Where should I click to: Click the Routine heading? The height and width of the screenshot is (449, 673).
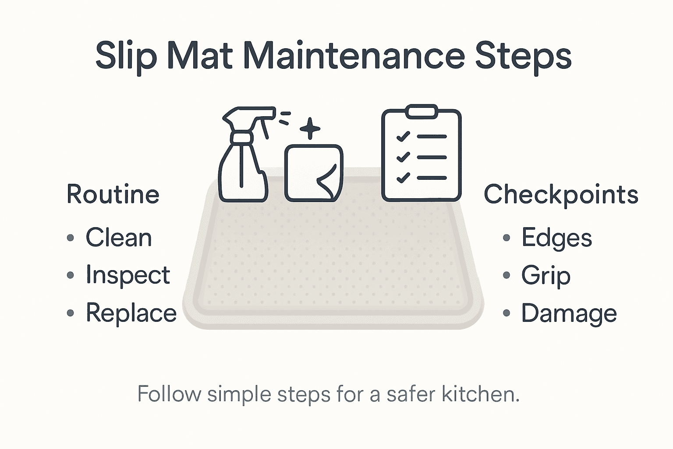[113, 194]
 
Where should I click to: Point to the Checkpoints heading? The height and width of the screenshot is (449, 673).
[561, 194]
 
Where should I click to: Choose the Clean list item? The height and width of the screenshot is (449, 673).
[118, 238]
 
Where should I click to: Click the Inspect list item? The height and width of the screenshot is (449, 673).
[128, 276]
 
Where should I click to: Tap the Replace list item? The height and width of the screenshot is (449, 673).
[131, 313]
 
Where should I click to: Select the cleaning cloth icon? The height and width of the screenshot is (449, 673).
[314, 173]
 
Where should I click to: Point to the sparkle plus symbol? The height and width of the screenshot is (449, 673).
[310, 128]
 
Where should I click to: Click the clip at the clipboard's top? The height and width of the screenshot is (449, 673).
[422, 111]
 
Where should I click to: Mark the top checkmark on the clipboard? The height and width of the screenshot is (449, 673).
[403, 136]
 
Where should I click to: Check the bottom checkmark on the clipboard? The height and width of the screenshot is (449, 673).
[403, 178]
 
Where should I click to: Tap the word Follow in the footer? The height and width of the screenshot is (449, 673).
[169, 394]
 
